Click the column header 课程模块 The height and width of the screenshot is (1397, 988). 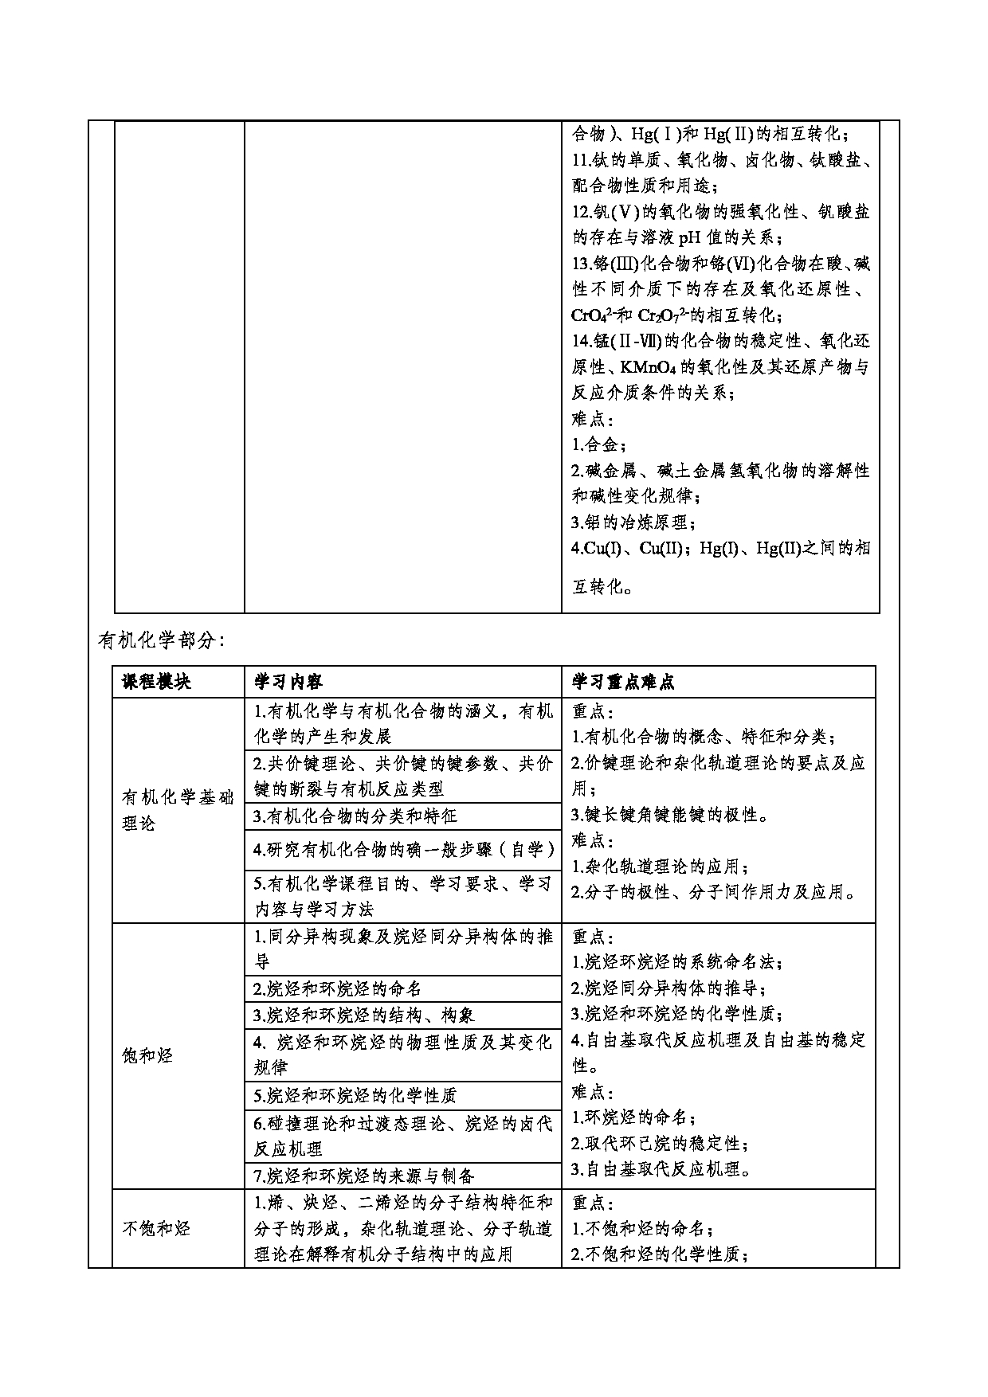(156, 682)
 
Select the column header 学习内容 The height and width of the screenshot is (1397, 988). (288, 682)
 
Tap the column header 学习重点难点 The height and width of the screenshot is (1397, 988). (623, 682)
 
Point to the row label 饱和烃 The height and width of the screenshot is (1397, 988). (147, 1056)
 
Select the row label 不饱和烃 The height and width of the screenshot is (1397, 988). (156, 1227)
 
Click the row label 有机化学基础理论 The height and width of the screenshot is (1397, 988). (178, 810)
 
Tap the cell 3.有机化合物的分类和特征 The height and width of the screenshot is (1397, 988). (355, 816)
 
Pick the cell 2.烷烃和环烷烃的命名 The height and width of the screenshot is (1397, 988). (337, 988)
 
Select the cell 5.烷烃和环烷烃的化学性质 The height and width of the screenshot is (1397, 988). (355, 1095)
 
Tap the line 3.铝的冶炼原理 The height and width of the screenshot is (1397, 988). (634, 522)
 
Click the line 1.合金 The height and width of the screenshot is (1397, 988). (599, 444)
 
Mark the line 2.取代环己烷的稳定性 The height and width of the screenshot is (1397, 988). (661, 1144)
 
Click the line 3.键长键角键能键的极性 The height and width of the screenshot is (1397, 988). (671, 815)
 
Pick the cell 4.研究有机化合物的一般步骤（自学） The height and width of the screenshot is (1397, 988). (404, 849)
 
